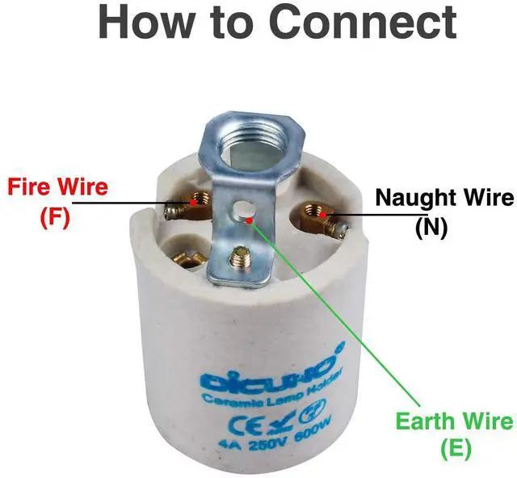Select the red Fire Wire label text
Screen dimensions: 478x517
(x=57, y=187)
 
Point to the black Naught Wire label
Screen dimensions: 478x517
(x=445, y=198)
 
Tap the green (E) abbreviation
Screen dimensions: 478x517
(x=456, y=448)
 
